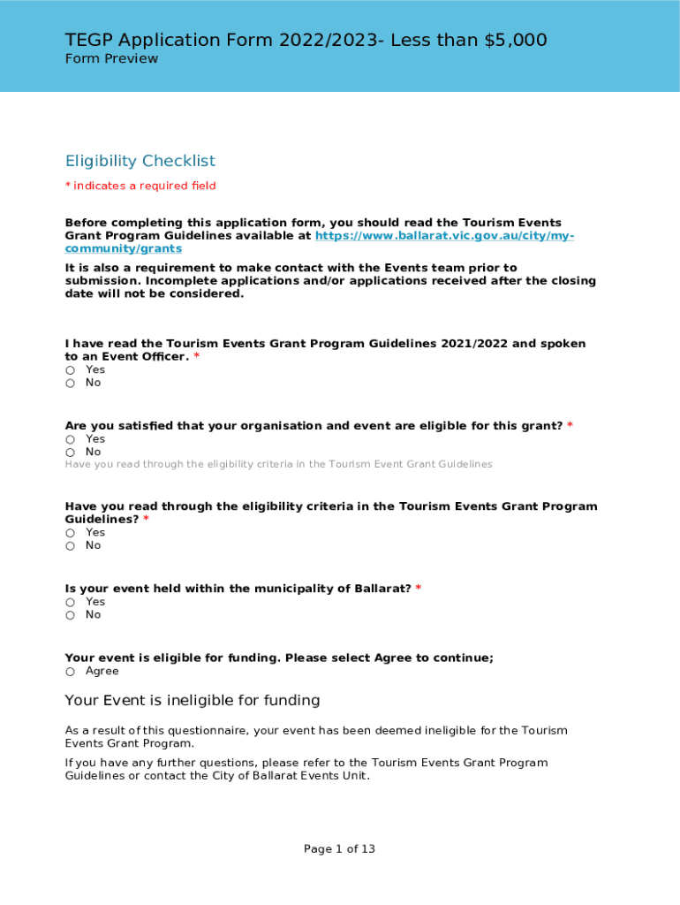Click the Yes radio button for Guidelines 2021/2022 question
[x=70, y=370]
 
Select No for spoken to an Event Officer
[x=70, y=384]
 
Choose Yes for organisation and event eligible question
[x=70, y=439]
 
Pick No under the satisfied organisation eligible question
[x=70, y=452]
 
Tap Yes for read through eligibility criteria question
[x=70, y=533]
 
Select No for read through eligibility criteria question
[x=70, y=546]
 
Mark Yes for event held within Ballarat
[x=70, y=602]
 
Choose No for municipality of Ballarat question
[x=70, y=615]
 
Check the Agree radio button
[x=70, y=672]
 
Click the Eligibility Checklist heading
[x=140, y=161]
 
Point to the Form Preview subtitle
[x=111, y=58]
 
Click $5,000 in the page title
[x=516, y=40]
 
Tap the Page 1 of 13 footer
[x=339, y=849]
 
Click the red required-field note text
[x=140, y=186]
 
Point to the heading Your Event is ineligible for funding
[x=193, y=701]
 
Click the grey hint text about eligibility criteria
[x=278, y=464]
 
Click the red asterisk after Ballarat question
[x=419, y=589]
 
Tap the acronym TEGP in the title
[x=88, y=40]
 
